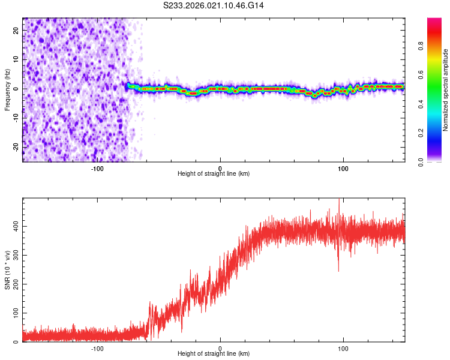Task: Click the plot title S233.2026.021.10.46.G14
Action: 214,5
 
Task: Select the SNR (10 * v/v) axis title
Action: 8,270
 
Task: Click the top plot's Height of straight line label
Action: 214,174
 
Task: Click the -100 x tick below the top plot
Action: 97,167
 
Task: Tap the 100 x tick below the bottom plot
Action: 343,347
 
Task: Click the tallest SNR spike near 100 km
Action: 339,202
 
